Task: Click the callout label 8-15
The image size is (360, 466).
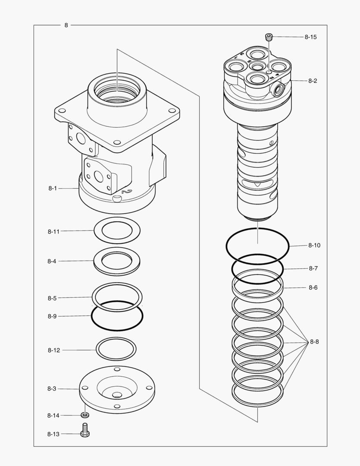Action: click(310, 37)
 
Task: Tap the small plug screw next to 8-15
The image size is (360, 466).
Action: click(269, 38)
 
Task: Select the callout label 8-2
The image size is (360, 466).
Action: click(313, 81)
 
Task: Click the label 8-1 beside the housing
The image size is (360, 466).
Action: click(53, 188)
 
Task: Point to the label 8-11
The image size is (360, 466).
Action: click(53, 231)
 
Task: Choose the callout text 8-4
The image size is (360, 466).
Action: click(52, 261)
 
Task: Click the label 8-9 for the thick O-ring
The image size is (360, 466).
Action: click(52, 316)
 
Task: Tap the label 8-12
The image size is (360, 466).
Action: click(53, 350)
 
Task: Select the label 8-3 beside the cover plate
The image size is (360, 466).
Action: click(52, 389)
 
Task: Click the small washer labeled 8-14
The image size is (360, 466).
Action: click(85, 415)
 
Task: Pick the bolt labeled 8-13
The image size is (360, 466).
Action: click(85, 430)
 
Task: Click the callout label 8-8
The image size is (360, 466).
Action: click(314, 342)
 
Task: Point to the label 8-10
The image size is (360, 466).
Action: click(314, 245)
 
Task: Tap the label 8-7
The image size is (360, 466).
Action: click(313, 268)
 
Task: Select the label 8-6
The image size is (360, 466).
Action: click(313, 287)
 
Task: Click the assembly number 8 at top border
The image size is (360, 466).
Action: click(66, 25)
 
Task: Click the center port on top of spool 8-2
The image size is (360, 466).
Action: click(258, 66)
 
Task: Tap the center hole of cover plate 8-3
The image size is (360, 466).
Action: click(117, 394)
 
